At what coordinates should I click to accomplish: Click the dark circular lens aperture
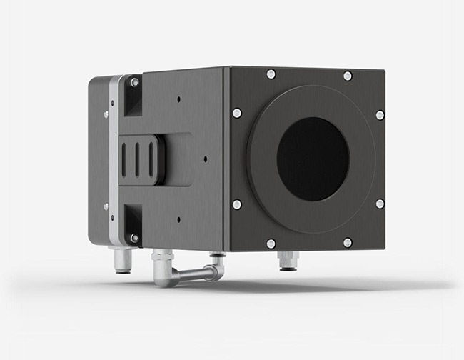pos(312,159)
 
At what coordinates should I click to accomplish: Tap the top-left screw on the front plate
pos(271,74)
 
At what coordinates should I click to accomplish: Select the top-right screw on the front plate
pos(348,76)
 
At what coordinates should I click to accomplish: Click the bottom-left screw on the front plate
pos(271,244)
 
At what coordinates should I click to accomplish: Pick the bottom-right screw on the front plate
pos(348,243)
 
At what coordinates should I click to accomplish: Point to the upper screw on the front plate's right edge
pos(380,115)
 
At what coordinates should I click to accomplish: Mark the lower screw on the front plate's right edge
pos(380,204)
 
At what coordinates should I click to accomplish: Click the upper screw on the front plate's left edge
pos(237,113)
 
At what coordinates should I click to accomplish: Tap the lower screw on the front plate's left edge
pos(237,204)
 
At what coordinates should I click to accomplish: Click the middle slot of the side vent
pos(137,159)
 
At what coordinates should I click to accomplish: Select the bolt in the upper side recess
pos(134,83)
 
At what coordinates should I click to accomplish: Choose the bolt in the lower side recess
pos(133,237)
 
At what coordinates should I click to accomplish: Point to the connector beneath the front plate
pos(288,261)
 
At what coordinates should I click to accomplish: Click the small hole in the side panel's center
pos(206,159)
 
